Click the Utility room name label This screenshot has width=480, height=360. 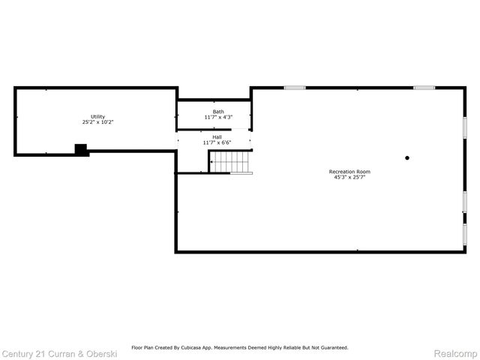(x=97, y=116)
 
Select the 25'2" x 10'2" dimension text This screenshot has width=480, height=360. (x=97, y=121)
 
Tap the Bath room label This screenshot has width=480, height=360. (x=217, y=112)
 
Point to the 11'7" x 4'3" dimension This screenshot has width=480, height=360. (x=217, y=117)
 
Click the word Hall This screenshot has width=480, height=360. (x=217, y=137)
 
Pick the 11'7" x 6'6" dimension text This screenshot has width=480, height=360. (x=217, y=142)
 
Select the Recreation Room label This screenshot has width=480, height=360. (x=349, y=172)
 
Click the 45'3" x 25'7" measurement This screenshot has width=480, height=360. (x=349, y=177)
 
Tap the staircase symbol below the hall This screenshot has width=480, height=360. (x=230, y=162)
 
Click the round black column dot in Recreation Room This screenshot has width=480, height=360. (x=407, y=157)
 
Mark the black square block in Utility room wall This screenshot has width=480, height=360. (x=80, y=149)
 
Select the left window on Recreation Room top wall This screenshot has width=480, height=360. (x=294, y=88)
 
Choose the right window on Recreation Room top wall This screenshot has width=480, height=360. (x=424, y=88)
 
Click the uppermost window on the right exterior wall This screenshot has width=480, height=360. (x=465, y=126)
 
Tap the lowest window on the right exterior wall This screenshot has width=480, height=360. (x=465, y=234)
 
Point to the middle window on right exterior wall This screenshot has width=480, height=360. (x=465, y=201)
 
